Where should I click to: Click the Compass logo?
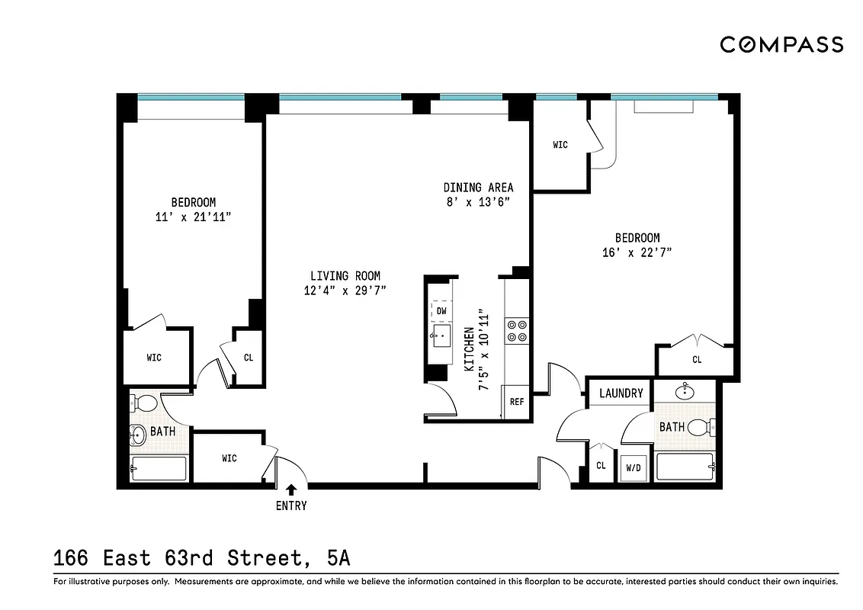click(781, 45)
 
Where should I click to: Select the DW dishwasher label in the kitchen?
click(441, 311)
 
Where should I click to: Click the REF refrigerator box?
click(516, 401)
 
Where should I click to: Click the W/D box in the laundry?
click(634, 467)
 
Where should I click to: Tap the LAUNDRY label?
click(621, 393)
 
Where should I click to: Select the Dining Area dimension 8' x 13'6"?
click(478, 201)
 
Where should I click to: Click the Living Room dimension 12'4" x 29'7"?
click(345, 290)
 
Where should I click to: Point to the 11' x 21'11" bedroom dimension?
click(193, 217)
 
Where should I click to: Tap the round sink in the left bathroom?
click(138, 436)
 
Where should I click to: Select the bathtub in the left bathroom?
click(158, 468)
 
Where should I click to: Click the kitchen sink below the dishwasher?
click(441, 335)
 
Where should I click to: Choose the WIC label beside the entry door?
click(229, 458)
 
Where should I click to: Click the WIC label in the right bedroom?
click(560, 145)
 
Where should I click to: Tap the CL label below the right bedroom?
click(697, 359)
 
